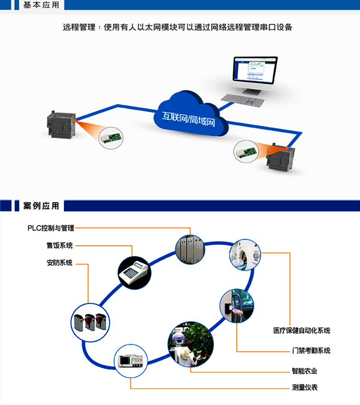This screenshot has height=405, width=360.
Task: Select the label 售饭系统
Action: pyautogui.click(x=60, y=246)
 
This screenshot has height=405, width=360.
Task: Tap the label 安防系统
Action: pyautogui.click(x=60, y=263)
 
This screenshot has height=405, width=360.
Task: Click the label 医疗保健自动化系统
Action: pyautogui.click(x=301, y=331)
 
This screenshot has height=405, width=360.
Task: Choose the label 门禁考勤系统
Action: pyautogui.click(x=311, y=351)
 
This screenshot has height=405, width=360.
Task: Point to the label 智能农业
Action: pyautogui.click(x=304, y=371)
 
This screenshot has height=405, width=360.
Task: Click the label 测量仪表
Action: pyautogui.click(x=304, y=388)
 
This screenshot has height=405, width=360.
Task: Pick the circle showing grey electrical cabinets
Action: pyautogui.click(x=190, y=250)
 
